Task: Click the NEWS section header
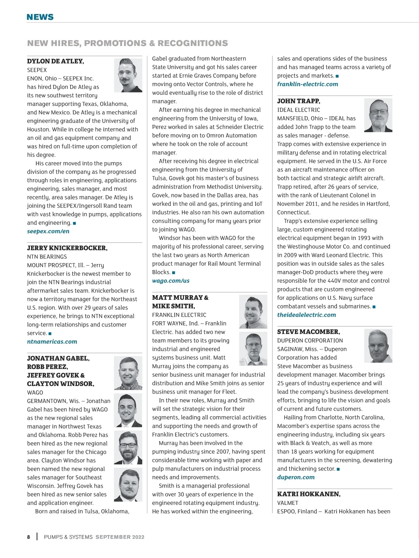coord(40,17)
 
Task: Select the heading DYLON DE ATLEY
coord(56,61)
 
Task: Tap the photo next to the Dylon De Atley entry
coord(128,75)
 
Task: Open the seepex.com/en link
coord(48,231)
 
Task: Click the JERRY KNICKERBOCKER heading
coord(67,248)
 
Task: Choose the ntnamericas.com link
coord(52,341)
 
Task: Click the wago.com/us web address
coord(171,281)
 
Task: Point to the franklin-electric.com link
coord(308,84)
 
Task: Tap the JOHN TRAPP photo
coord(378,115)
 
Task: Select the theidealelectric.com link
coord(307,315)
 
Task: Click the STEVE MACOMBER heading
coord(309,332)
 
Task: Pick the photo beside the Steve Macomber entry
coord(378,346)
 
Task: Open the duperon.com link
coord(296,477)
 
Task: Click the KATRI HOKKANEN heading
coord(309,494)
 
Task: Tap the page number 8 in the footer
coord(29,537)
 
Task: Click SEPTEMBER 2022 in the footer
coord(120,537)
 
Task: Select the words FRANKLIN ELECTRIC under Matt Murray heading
coord(179,315)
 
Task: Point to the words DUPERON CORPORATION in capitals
coord(310,340)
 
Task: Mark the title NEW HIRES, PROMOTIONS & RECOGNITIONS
coord(127,43)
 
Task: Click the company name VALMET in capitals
coord(288,503)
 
